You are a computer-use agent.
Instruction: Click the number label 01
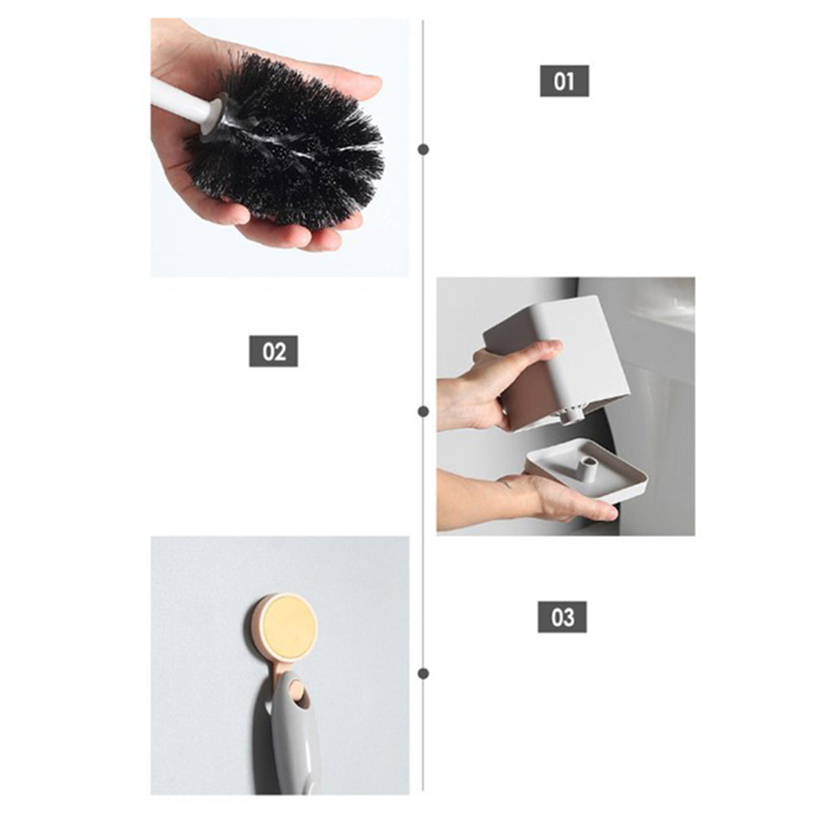[x=564, y=81]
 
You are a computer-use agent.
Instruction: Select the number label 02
[x=273, y=351]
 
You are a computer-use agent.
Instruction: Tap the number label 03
[x=562, y=617]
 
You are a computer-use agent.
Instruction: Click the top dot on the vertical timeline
[x=424, y=150]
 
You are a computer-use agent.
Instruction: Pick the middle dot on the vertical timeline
[x=424, y=412]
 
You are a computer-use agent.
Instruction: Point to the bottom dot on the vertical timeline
[x=424, y=673]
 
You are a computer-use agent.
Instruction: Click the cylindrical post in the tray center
[x=586, y=467]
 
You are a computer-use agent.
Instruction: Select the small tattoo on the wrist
[x=504, y=486]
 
